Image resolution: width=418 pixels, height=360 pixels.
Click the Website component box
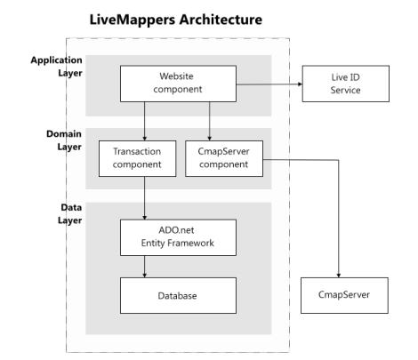[x=178, y=84]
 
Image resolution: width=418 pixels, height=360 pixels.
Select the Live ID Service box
[x=346, y=84]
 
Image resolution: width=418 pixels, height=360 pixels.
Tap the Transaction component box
[x=137, y=158]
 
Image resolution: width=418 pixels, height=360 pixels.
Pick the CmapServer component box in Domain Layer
[x=224, y=158]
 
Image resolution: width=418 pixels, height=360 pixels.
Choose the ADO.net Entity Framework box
[x=178, y=237]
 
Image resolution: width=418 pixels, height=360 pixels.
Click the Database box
[x=178, y=295]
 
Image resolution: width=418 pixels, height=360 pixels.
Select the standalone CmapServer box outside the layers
[x=344, y=295]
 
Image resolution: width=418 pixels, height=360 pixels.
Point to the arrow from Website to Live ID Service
[x=269, y=84]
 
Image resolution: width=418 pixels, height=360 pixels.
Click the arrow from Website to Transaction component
[x=145, y=121]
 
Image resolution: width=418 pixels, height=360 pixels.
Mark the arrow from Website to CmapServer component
[x=209, y=121]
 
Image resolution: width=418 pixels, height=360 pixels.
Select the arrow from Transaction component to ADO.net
[x=145, y=198]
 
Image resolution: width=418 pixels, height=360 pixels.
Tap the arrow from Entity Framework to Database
[x=145, y=267]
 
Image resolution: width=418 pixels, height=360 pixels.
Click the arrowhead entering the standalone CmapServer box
[x=339, y=276]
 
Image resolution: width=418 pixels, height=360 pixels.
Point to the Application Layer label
[x=56, y=67]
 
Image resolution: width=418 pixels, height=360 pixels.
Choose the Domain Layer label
[x=64, y=140]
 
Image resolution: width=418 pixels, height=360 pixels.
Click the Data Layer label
[x=70, y=213]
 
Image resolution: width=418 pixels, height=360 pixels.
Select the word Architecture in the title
[x=221, y=20]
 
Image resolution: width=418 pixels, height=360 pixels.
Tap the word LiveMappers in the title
[x=133, y=20]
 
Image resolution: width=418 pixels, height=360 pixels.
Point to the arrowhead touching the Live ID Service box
[x=300, y=84]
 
